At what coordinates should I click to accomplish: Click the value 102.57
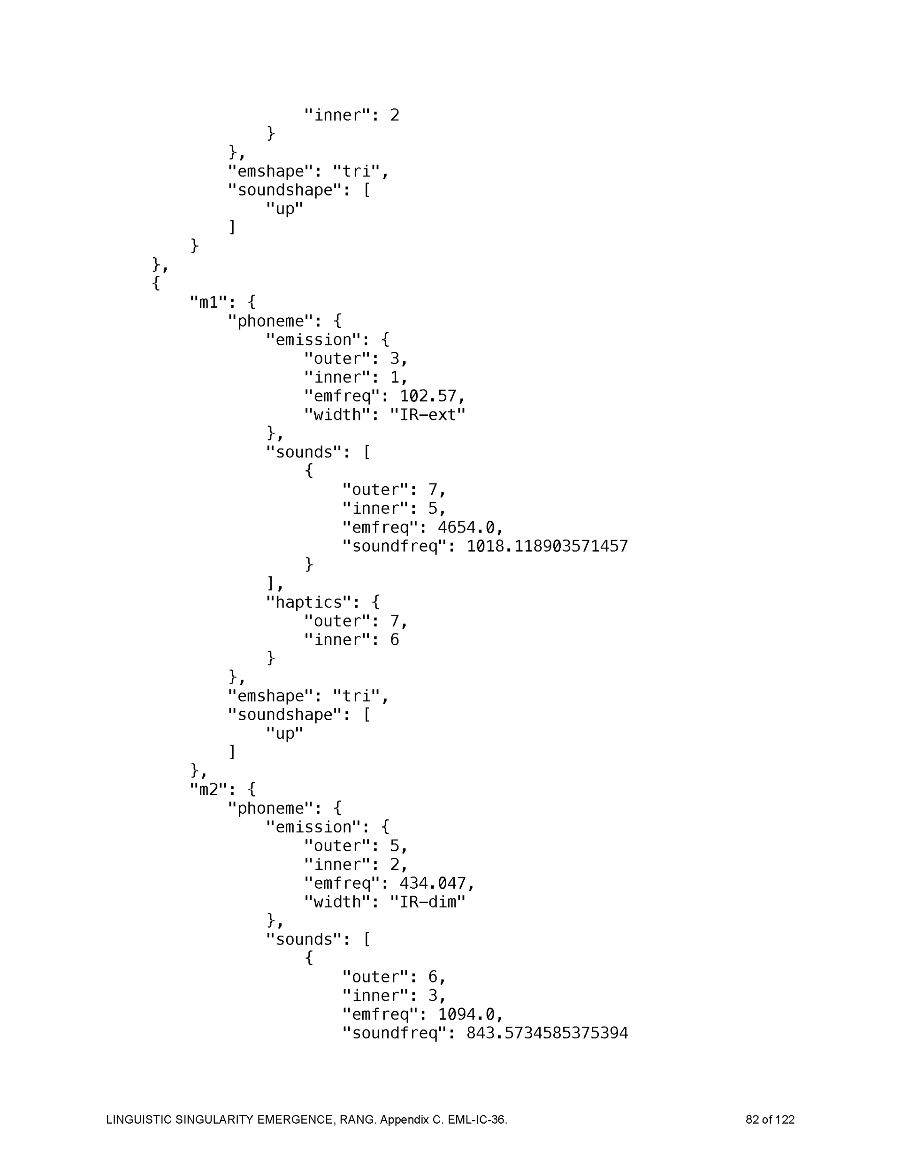click(x=428, y=396)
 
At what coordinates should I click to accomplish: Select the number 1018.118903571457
click(x=547, y=546)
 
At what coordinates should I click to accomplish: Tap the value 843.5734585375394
click(x=547, y=1033)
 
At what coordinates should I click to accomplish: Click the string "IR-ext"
click(x=427, y=415)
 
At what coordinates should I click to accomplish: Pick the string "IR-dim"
click(x=427, y=902)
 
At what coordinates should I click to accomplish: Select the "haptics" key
click(x=309, y=602)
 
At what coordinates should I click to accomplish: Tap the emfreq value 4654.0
click(x=466, y=527)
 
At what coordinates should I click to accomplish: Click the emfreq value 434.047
click(x=433, y=883)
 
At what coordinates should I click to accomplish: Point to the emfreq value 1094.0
click(x=466, y=1014)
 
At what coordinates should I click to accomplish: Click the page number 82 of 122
click(x=770, y=1120)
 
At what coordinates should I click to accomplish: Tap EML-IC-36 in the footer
click(x=476, y=1120)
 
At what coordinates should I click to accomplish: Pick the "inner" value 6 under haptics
click(x=394, y=640)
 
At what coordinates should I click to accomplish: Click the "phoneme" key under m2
click(x=270, y=808)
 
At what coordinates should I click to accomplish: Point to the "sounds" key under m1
click(x=303, y=452)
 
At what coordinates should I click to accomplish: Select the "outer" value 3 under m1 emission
click(x=394, y=359)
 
